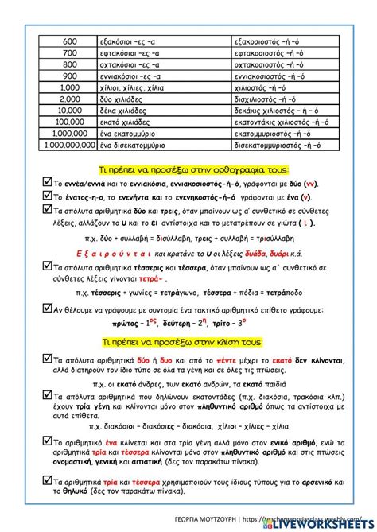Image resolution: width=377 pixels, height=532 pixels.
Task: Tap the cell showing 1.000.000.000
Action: (x=69, y=146)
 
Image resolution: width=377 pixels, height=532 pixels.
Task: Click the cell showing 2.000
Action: (x=69, y=99)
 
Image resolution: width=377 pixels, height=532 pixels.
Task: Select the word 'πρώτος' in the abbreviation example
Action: (x=127, y=324)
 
